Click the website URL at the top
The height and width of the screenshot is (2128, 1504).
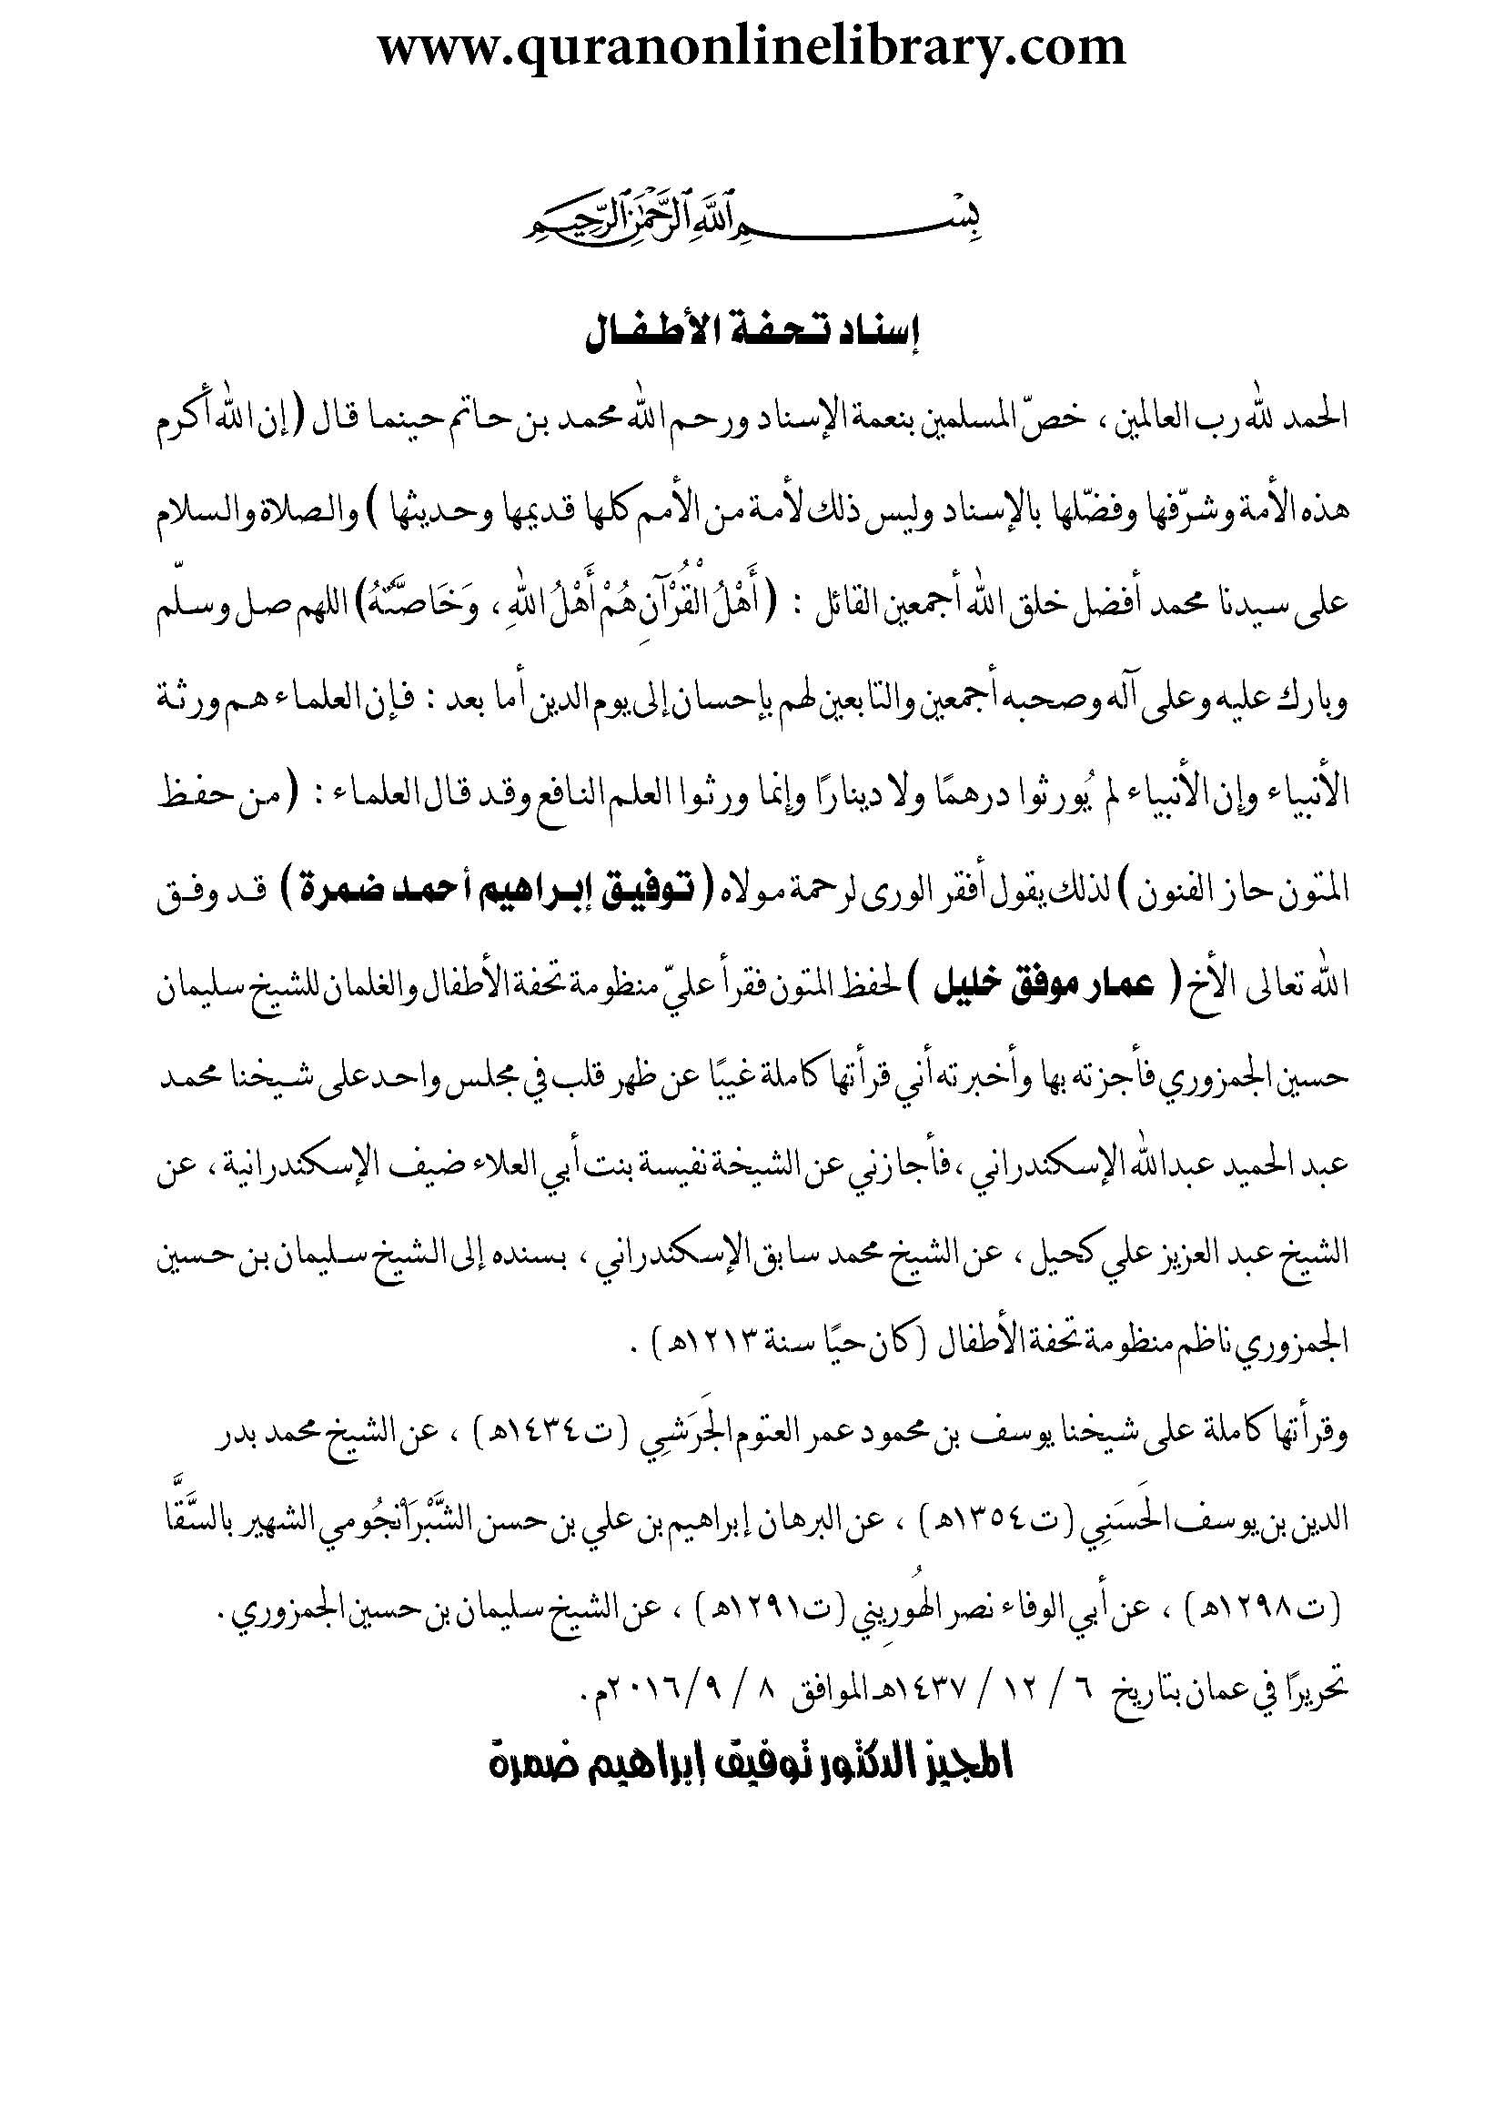tap(752, 46)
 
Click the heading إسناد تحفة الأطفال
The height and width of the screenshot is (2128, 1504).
tap(752, 336)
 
